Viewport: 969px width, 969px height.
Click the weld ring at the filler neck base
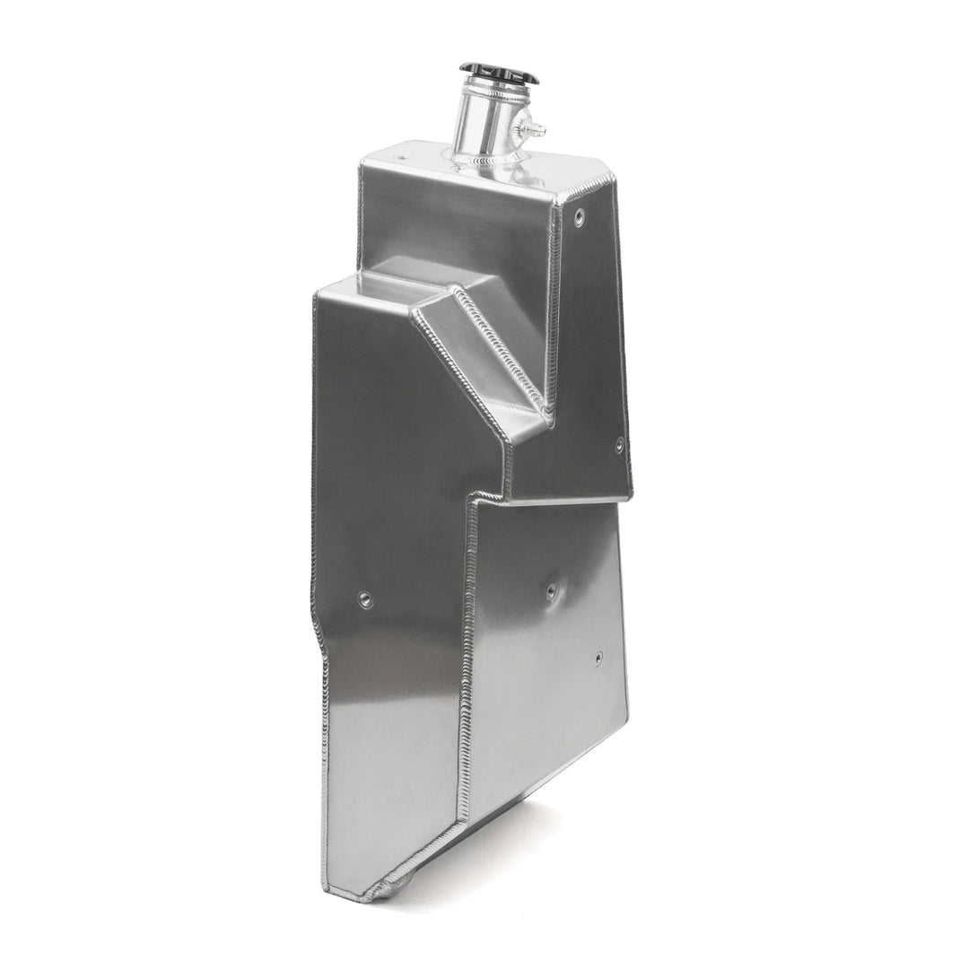pyautogui.click(x=490, y=160)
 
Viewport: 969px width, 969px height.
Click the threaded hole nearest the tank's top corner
pyautogui.click(x=579, y=215)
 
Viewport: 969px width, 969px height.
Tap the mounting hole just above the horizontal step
pyautogui.click(x=618, y=443)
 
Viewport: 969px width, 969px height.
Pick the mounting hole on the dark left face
pyautogui.click(x=365, y=598)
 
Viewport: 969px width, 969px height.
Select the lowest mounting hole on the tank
pyautogui.click(x=598, y=658)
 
